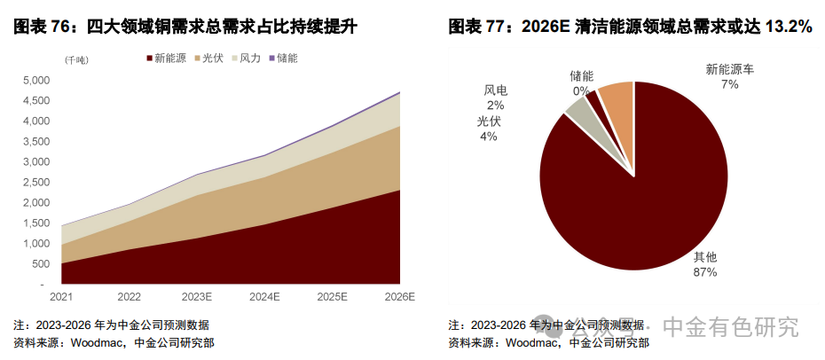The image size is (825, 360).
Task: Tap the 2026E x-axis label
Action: pos(399,297)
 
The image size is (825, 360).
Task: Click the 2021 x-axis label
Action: pos(62,297)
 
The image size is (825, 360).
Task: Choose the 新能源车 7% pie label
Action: pos(728,76)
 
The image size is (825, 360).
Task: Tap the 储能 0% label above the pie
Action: pos(581,83)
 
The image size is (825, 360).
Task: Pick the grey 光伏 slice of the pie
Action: pos(577,112)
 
